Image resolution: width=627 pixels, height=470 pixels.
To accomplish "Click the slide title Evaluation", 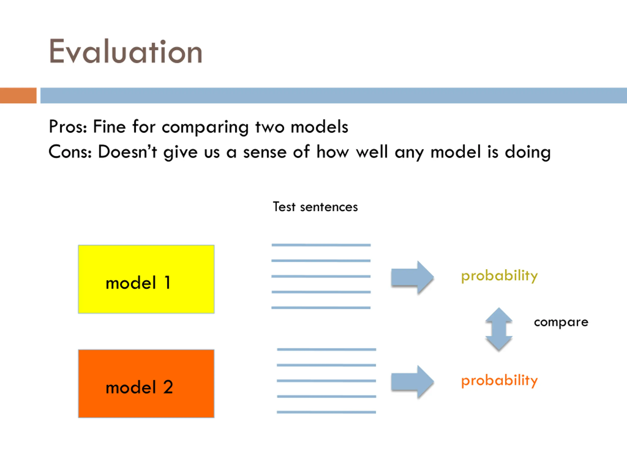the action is coord(126,52).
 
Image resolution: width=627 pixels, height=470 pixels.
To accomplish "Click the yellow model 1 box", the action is coord(146,279).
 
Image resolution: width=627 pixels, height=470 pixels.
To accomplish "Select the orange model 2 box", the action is coord(146,384).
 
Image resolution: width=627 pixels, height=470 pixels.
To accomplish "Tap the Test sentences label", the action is coord(315,207).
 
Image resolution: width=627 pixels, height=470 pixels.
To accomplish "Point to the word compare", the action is coord(561,322).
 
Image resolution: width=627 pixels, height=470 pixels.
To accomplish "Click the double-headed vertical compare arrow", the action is coord(499,329).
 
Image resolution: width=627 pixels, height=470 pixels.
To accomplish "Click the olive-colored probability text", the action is coord(499,276).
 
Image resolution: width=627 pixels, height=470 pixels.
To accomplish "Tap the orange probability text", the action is coord(499,380).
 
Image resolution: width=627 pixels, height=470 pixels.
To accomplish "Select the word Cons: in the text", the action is coord(70,152).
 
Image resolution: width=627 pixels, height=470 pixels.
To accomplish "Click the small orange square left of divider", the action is coord(18,95).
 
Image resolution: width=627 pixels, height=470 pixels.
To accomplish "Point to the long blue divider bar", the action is coord(333,95).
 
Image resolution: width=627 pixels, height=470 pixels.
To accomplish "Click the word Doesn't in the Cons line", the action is coord(127,152).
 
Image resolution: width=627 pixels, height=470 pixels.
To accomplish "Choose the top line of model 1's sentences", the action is coord(321,245).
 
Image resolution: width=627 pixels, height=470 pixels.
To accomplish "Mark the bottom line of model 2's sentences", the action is coord(326,412).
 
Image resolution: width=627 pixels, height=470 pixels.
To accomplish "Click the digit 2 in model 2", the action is coord(168,387).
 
